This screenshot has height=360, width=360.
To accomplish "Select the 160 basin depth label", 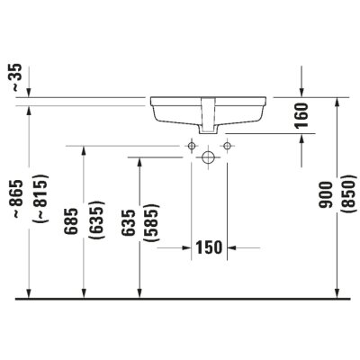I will [x=301, y=114].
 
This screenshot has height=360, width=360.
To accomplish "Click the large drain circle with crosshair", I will [x=210, y=157].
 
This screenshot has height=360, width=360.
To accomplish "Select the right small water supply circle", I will [x=227, y=144].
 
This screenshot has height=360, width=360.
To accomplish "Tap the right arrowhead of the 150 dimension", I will [x=233, y=246].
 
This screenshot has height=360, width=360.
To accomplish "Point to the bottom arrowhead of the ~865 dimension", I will [x=29, y=292].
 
